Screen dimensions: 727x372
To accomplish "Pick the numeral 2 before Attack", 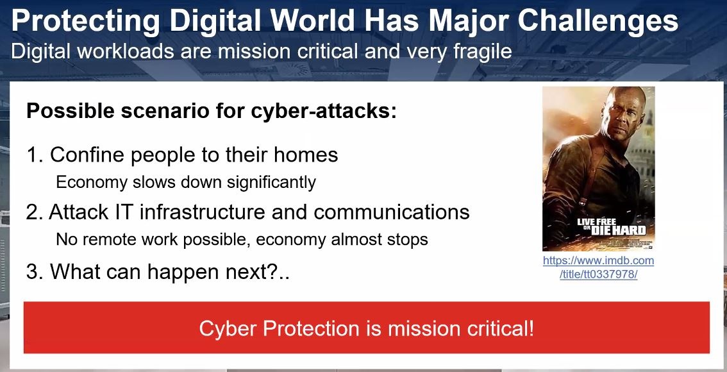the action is [33, 212].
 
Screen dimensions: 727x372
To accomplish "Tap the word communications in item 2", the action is [391, 212].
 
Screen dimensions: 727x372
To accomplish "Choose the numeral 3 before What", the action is [33, 271].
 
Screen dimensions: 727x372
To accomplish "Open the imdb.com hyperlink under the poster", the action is [599, 267].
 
